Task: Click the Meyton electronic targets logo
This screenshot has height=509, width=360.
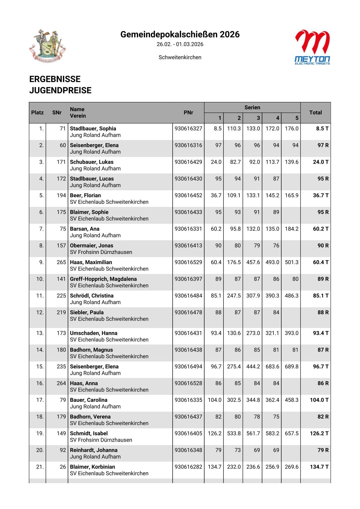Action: tap(312, 47)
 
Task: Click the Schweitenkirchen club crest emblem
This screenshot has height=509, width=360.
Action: tap(48, 46)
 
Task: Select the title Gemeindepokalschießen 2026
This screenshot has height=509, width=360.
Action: tap(180, 35)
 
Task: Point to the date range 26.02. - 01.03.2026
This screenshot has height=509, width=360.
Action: tap(180, 44)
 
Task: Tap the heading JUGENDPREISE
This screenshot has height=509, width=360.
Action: tap(60, 90)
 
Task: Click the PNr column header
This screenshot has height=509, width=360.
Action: tap(188, 113)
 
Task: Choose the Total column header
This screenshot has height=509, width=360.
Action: tap(315, 113)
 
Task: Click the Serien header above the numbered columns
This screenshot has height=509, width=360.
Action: tap(252, 107)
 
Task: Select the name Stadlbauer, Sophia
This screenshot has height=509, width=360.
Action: tap(93, 129)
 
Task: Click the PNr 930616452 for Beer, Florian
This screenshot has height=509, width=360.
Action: tap(188, 196)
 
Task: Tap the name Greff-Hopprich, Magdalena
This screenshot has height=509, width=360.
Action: tap(103, 279)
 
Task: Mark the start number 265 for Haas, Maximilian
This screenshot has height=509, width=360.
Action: tap(61, 262)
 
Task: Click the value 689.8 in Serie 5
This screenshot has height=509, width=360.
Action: tap(291, 367)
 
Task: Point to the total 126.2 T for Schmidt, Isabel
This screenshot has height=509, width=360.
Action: tap(319, 433)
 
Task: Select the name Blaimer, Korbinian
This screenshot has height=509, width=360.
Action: tap(92, 467)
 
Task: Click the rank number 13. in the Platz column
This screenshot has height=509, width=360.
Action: tap(40, 333)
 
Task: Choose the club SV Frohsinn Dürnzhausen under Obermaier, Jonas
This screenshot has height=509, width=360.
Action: tap(101, 252)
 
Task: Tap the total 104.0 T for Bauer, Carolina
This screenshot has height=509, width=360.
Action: tap(319, 400)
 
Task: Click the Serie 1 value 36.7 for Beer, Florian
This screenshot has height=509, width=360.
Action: tap(216, 196)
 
